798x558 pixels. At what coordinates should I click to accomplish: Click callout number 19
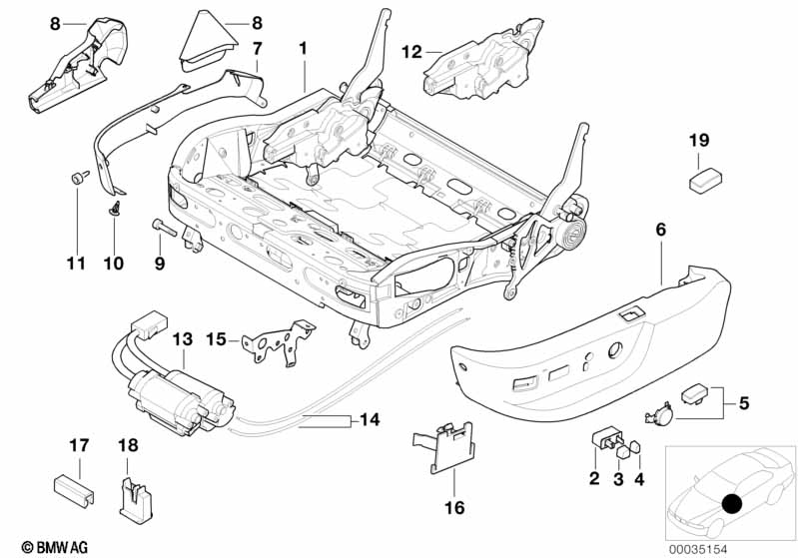point(698,141)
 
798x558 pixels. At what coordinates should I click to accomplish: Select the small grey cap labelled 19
point(703,179)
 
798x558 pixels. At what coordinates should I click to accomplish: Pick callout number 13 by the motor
point(181,339)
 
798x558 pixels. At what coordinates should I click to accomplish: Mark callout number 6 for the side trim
point(661,230)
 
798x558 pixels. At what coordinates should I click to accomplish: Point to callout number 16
point(454,508)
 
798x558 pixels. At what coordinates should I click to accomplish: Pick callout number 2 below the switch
point(594,480)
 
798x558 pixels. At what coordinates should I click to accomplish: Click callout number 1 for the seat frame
point(305,46)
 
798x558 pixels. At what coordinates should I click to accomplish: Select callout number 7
point(257,47)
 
